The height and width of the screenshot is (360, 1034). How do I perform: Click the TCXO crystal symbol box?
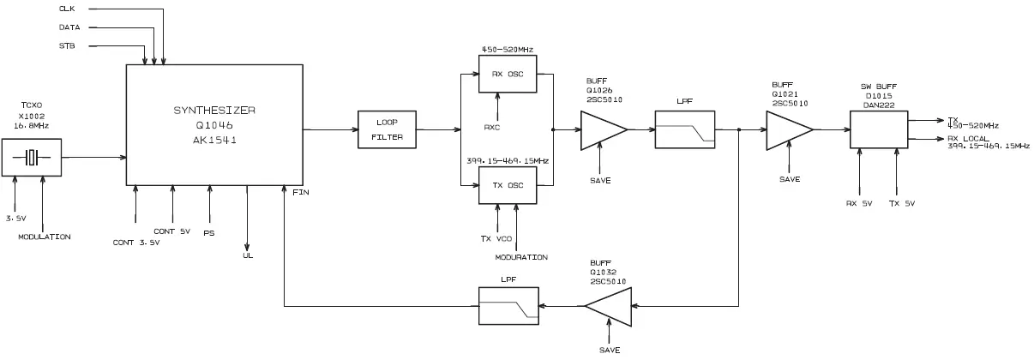coord(32,158)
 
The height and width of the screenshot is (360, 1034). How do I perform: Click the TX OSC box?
coord(508,184)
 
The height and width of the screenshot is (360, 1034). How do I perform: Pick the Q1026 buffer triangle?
coord(602,130)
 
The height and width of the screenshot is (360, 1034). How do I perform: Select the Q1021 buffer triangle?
coord(787,130)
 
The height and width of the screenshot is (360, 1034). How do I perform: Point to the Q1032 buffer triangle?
coord(610,304)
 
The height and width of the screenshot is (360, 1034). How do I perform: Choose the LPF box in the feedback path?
coord(508,304)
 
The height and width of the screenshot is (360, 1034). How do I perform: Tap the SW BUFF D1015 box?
coord(878,131)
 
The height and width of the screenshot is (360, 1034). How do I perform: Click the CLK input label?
coord(66,9)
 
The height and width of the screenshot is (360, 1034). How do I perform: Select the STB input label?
coord(66,45)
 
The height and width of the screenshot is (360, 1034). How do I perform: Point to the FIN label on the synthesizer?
coord(300,192)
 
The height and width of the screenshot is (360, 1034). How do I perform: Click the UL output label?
coord(248,255)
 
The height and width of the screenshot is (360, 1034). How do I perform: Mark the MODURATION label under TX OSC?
coord(520,257)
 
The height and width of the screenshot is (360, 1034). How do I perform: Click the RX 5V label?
coord(858,203)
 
